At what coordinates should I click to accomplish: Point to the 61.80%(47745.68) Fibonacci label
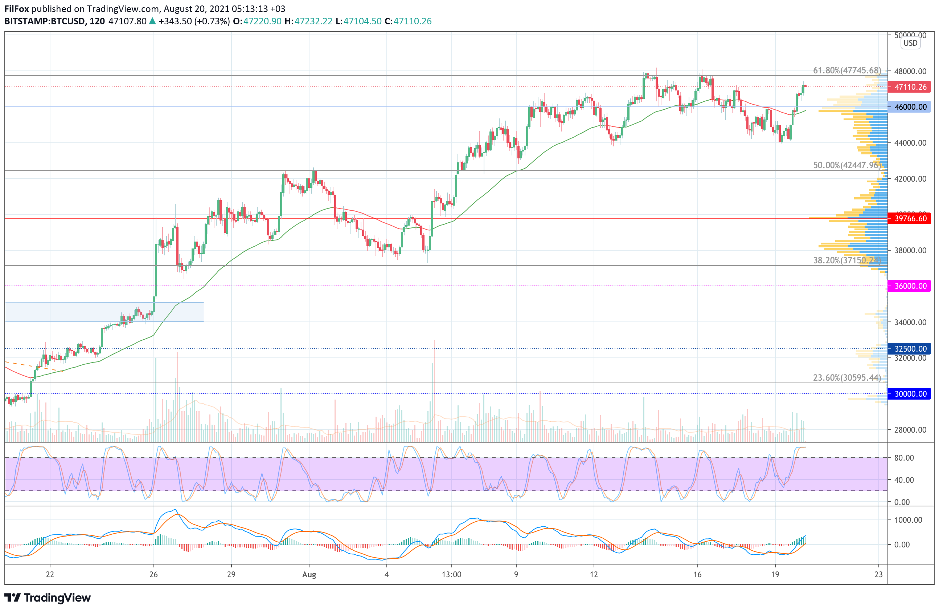tap(847, 70)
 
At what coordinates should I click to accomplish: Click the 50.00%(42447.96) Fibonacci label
tap(847, 165)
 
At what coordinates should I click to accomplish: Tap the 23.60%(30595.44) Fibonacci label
tap(847, 377)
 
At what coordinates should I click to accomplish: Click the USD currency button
tap(910, 43)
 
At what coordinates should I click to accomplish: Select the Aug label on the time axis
tap(309, 575)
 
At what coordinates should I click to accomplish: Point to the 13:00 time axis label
tap(451, 575)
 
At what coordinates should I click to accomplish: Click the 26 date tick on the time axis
tap(153, 575)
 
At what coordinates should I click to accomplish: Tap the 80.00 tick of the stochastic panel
tap(904, 458)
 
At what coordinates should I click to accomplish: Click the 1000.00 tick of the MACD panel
tap(908, 520)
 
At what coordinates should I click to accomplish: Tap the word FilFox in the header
tap(17, 9)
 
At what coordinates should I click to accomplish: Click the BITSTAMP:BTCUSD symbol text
tap(44, 21)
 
